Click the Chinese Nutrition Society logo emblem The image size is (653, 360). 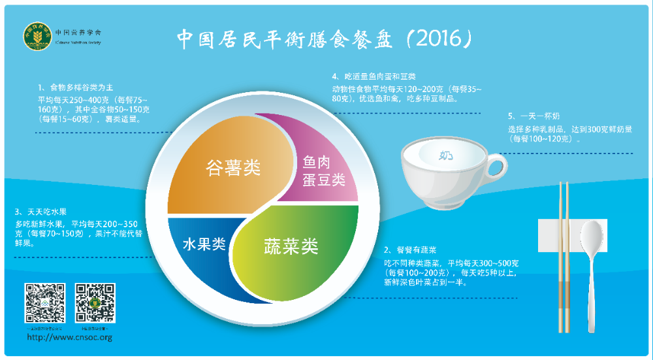(x=37, y=37)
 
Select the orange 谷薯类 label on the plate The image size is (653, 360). (x=233, y=168)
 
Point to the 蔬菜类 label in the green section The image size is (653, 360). (x=291, y=246)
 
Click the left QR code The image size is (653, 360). (x=45, y=303)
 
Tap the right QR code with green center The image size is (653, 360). (x=95, y=303)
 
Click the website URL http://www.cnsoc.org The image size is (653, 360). (x=69, y=338)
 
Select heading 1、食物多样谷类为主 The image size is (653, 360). (x=76, y=88)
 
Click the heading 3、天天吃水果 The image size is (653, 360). (x=40, y=212)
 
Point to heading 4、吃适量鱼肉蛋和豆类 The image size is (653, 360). (x=374, y=76)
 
